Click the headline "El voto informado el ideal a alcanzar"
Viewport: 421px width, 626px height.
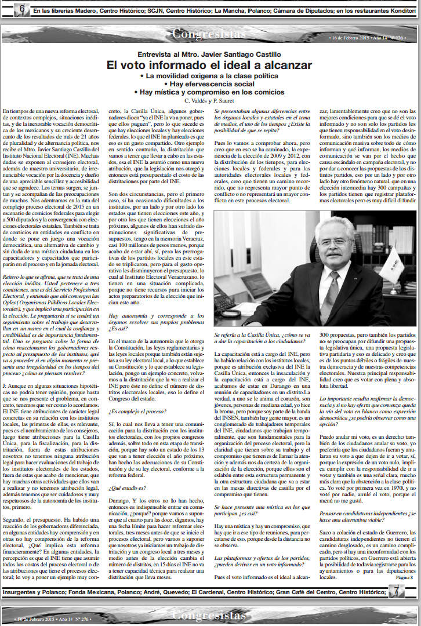tap(209, 65)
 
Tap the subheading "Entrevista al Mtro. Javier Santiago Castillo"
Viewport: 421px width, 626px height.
tap(209, 54)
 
